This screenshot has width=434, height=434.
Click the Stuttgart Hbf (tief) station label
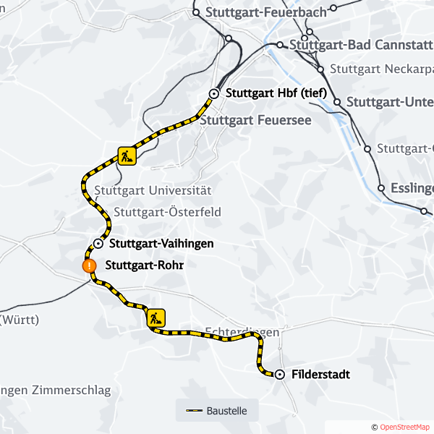[276, 93]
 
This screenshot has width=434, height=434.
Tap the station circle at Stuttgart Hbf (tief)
[214, 93]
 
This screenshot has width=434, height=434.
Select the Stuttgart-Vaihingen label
[161, 244]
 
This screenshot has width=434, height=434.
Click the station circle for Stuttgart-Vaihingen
[98, 244]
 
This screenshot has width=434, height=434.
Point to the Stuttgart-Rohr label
[145, 265]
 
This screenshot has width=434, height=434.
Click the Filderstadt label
[320, 375]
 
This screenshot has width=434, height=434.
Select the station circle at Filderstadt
[279, 374]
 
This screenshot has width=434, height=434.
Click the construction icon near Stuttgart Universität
[127, 156]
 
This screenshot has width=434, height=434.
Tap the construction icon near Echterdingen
[156, 318]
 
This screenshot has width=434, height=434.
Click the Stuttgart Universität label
[153, 191]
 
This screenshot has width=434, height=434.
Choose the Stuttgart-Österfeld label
[167, 213]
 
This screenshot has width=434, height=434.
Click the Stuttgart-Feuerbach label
[266, 12]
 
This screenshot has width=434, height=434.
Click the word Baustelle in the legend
[226, 411]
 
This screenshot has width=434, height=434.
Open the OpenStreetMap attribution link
[404, 427]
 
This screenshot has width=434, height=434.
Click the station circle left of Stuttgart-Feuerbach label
[196, 12]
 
